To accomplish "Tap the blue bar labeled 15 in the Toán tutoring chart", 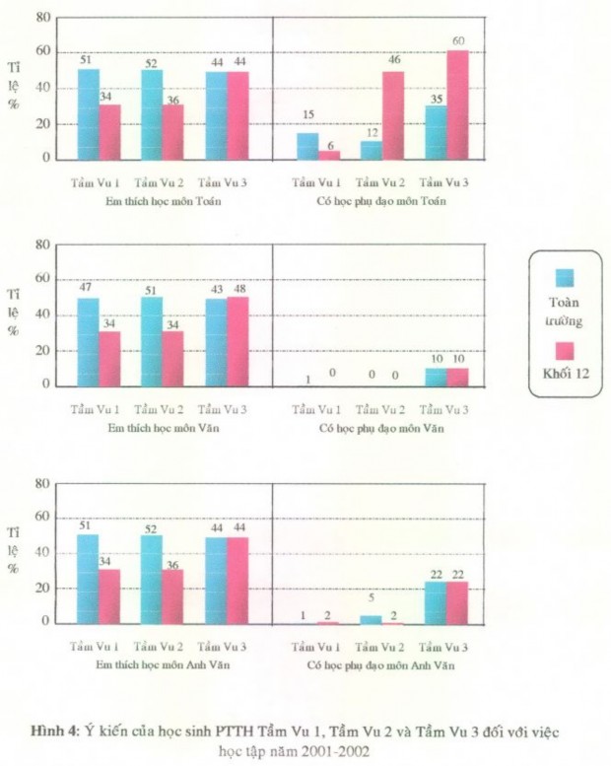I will (306, 145).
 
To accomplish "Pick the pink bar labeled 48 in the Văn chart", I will (238, 341).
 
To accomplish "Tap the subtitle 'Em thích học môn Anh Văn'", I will (163, 666).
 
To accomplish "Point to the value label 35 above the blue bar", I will (434, 100).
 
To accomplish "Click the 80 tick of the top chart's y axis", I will (42, 18).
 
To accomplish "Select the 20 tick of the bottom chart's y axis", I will (42, 589).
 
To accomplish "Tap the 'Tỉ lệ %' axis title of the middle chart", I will (14, 311).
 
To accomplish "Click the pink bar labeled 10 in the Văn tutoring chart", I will (457, 377).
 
